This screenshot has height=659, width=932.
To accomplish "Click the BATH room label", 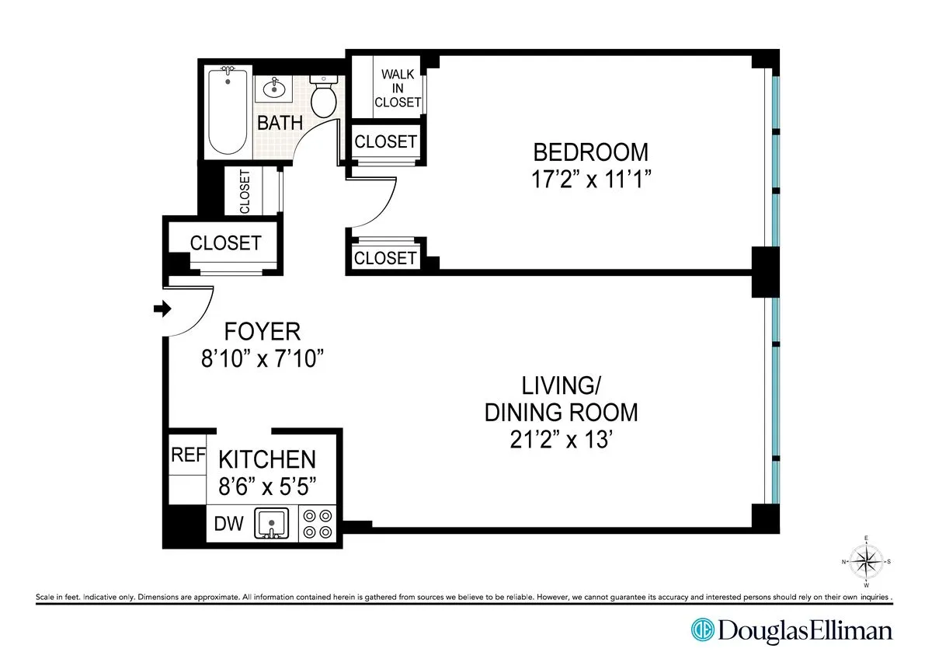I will [x=280, y=123].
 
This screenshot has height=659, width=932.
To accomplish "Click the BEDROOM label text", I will [x=590, y=151].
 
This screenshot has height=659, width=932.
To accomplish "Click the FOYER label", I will [x=262, y=332].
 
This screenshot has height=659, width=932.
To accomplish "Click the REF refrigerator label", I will [x=186, y=455].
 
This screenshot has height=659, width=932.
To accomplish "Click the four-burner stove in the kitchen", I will [x=318, y=523].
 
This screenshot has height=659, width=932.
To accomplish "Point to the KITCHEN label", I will [x=266, y=459].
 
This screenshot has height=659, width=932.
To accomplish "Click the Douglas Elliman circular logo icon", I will [x=704, y=629].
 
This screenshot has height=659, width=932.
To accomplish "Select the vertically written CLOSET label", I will [x=245, y=192].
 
